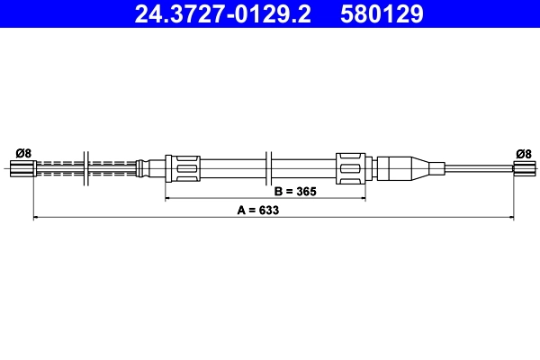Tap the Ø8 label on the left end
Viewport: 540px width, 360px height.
click(x=23, y=153)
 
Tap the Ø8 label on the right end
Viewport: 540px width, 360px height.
click(x=523, y=153)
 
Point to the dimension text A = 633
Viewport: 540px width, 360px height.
click(x=258, y=210)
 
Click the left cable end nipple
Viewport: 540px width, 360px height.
click(x=20, y=167)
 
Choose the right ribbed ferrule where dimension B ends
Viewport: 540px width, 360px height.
click(x=352, y=167)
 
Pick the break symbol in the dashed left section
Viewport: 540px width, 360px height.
click(x=85, y=167)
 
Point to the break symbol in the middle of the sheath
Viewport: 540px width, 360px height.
click(x=270, y=167)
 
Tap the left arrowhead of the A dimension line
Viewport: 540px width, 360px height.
click(x=36, y=217)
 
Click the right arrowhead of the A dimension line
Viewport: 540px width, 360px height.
click(x=510, y=217)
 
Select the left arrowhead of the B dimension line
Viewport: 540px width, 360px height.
click(x=168, y=198)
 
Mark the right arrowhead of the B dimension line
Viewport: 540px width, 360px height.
click(x=362, y=198)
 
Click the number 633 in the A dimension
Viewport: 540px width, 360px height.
click(x=268, y=210)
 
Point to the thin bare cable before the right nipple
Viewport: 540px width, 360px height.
click(x=477, y=166)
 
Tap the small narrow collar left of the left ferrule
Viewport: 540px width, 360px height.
click(x=141, y=167)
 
